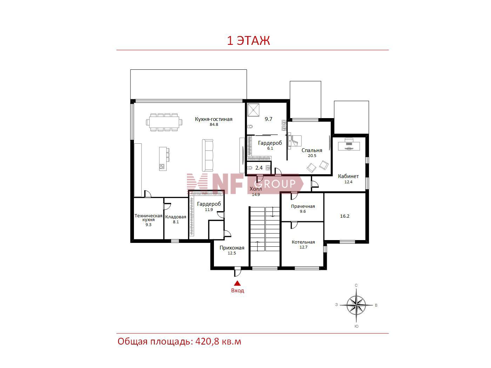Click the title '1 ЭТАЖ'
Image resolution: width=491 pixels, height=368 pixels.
click(x=248, y=41)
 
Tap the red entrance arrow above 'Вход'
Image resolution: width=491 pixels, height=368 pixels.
click(x=237, y=283)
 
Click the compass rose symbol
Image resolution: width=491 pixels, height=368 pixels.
click(x=356, y=305)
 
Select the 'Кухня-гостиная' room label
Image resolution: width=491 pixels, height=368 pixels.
click(x=214, y=119)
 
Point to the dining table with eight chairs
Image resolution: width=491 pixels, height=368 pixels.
click(x=164, y=122)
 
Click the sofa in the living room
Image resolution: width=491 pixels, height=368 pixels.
click(x=208, y=155)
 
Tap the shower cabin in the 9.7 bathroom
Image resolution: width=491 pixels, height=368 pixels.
click(x=253, y=110)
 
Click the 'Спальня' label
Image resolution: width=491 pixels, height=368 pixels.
click(x=311, y=150)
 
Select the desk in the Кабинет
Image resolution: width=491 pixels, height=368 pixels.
click(x=349, y=144)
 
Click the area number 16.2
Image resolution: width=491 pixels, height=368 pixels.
click(x=344, y=216)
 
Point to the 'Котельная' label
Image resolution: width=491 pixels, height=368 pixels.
click(x=303, y=242)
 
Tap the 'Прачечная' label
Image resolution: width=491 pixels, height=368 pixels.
click(x=303, y=206)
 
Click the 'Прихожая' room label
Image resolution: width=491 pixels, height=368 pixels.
click(x=232, y=247)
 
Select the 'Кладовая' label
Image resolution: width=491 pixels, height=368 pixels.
click(x=176, y=217)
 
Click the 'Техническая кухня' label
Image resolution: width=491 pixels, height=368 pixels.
click(x=148, y=218)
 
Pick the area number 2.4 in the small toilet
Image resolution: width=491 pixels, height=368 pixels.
click(x=259, y=168)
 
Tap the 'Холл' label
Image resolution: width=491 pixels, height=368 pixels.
click(x=256, y=189)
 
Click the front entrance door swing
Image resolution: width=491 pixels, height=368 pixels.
click(x=237, y=272)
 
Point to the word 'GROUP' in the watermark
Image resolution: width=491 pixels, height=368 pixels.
click(x=275, y=184)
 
